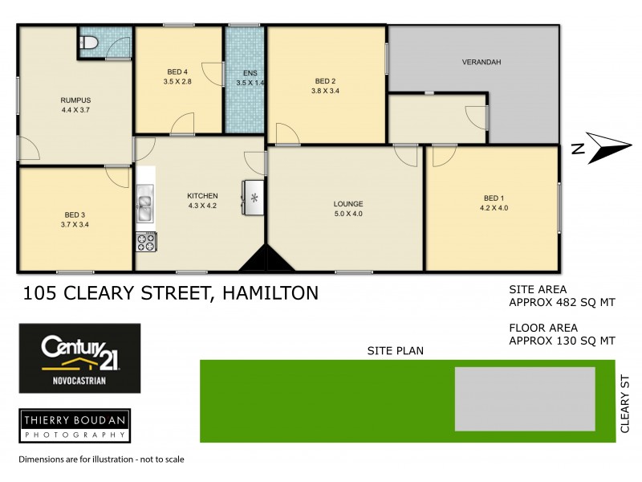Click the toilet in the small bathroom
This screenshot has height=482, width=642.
coord(89,42)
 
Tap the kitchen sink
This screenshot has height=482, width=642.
coord(144,202)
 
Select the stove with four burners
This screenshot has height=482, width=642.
coord(145,240)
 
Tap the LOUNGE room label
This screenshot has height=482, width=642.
coord(348,203)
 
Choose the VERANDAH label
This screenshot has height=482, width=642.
coord(481,62)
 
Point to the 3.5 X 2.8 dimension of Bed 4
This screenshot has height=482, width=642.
coord(178,82)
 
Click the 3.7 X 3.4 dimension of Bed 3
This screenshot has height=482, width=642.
coord(75,224)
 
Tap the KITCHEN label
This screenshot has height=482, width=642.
coord(202,195)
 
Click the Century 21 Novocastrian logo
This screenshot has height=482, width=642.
coord(79,357)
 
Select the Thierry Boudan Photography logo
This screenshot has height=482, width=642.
coord(75,425)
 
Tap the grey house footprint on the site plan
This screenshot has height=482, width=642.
coord(525,399)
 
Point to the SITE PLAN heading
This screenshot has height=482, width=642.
coord(396,350)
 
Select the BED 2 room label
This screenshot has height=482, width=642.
coord(325,81)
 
